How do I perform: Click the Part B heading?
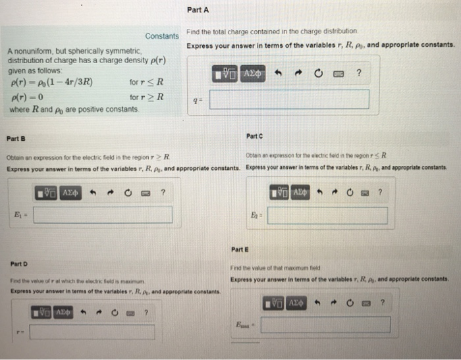pos(16,139)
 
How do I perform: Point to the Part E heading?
pos(240,249)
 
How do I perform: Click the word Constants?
pos(162,36)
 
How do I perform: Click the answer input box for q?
pos(289,99)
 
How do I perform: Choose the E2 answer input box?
pos(327,215)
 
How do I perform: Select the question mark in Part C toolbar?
pos(380,192)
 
